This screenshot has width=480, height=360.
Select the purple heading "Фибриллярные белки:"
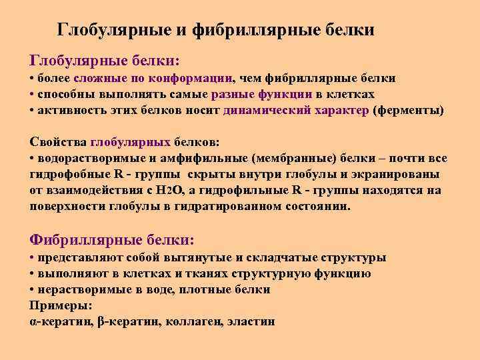(113, 239)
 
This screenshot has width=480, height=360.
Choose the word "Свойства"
(58, 142)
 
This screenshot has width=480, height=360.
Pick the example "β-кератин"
(125, 321)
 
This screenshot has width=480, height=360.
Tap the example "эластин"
(251, 321)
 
